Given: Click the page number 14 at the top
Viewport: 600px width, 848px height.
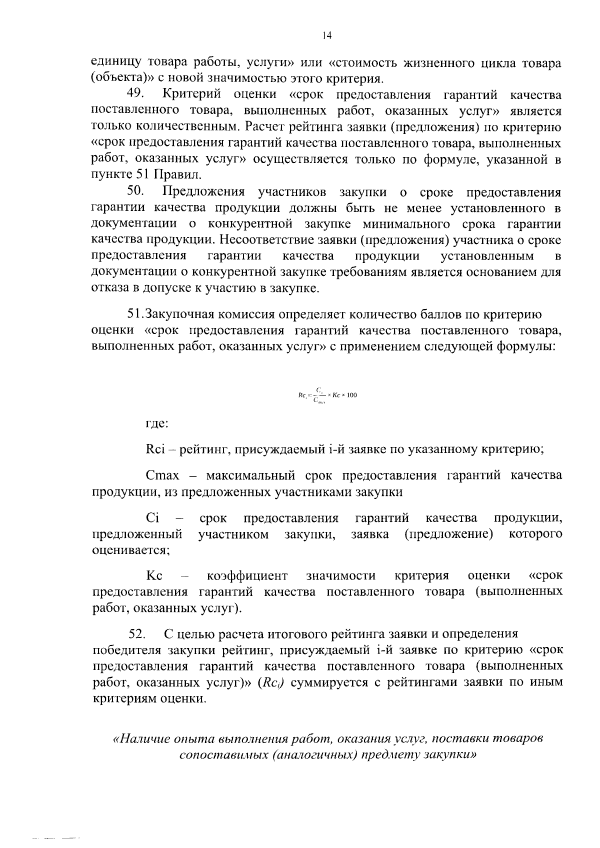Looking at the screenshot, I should pyautogui.click(x=327, y=35).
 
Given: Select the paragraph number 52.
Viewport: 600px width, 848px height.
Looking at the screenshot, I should pyautogui.click(x=137, y=634).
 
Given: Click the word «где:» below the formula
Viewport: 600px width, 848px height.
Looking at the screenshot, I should pyautogui.click(x=156, y=423).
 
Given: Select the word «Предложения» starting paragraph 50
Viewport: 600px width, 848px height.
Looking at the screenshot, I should pyautogui.click(x=204, y=192).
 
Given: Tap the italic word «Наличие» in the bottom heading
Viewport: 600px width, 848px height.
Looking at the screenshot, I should pyautogui.click(x=143, y=738).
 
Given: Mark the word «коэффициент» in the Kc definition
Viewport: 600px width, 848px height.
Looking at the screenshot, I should pyautogui.click(x=247, y=575).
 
